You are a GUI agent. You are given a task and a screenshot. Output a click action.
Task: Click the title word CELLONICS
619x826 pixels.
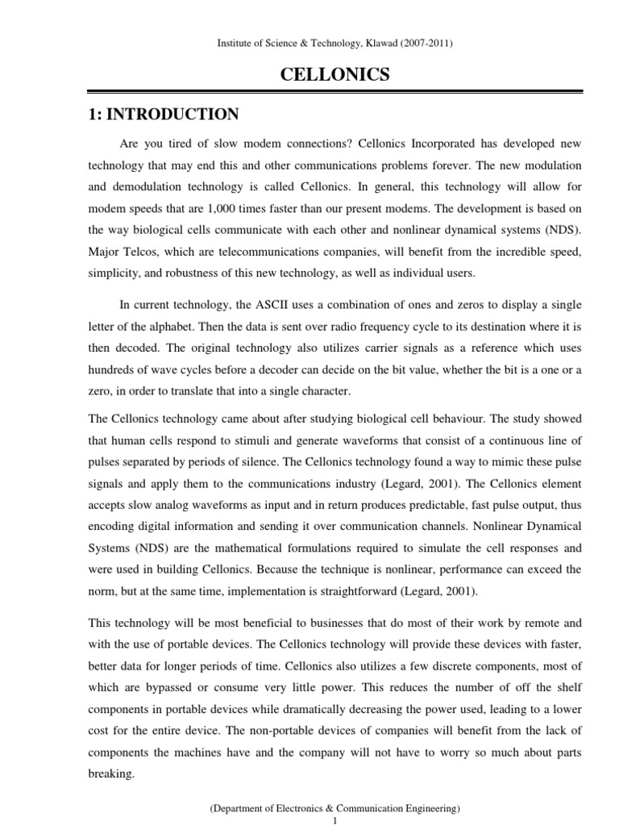[x=334, y=75]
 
